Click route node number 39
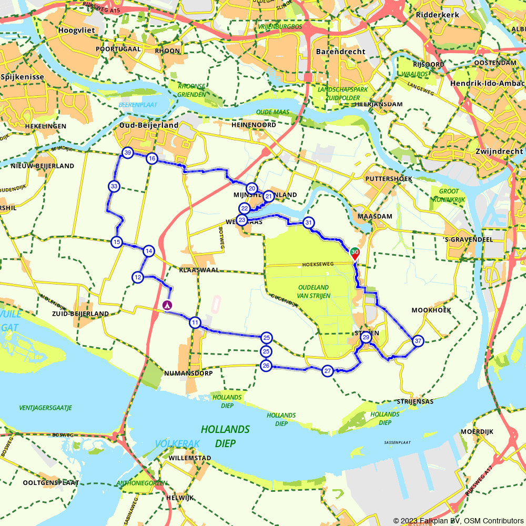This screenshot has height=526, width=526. click(x=127, y=153)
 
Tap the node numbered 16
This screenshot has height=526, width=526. click(x=151, y=158)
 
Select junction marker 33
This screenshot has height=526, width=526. click(x=114, y=186)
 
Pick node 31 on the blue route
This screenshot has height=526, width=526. click(x=309, y=222)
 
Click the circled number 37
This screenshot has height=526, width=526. click(x=418, y=341)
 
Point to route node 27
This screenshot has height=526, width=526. click(x=328, y=371)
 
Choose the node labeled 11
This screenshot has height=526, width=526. click(x=195, y=322)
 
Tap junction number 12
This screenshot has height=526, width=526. click(x=138, y=277)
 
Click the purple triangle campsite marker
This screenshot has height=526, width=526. click(x=167, y=305)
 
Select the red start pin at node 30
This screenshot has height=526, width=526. click(x=355, y=254)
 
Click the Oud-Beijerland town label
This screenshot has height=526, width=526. click(x=149, y=125)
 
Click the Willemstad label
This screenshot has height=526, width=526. click(x=190, y=458)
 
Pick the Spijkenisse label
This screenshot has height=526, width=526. click(x=22, y=77)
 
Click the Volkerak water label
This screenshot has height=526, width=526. click(x=177, y=444)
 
